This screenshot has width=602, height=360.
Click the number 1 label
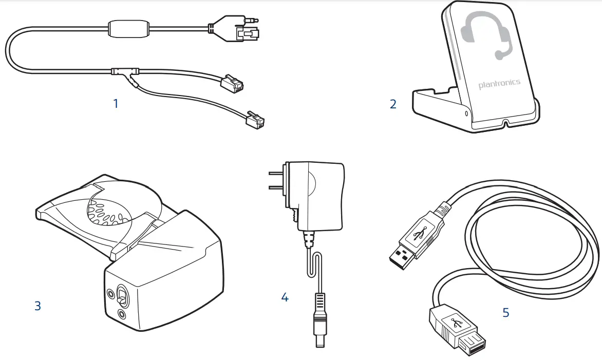point(116,103)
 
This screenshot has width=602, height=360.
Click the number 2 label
point(393,104)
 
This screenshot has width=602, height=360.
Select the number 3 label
point(37,306)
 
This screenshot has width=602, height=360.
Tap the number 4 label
point(285,297)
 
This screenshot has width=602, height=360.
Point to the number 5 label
point(506,312)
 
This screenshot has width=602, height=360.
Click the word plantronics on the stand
point(499,84)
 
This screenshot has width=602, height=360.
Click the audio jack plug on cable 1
point(248,23)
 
